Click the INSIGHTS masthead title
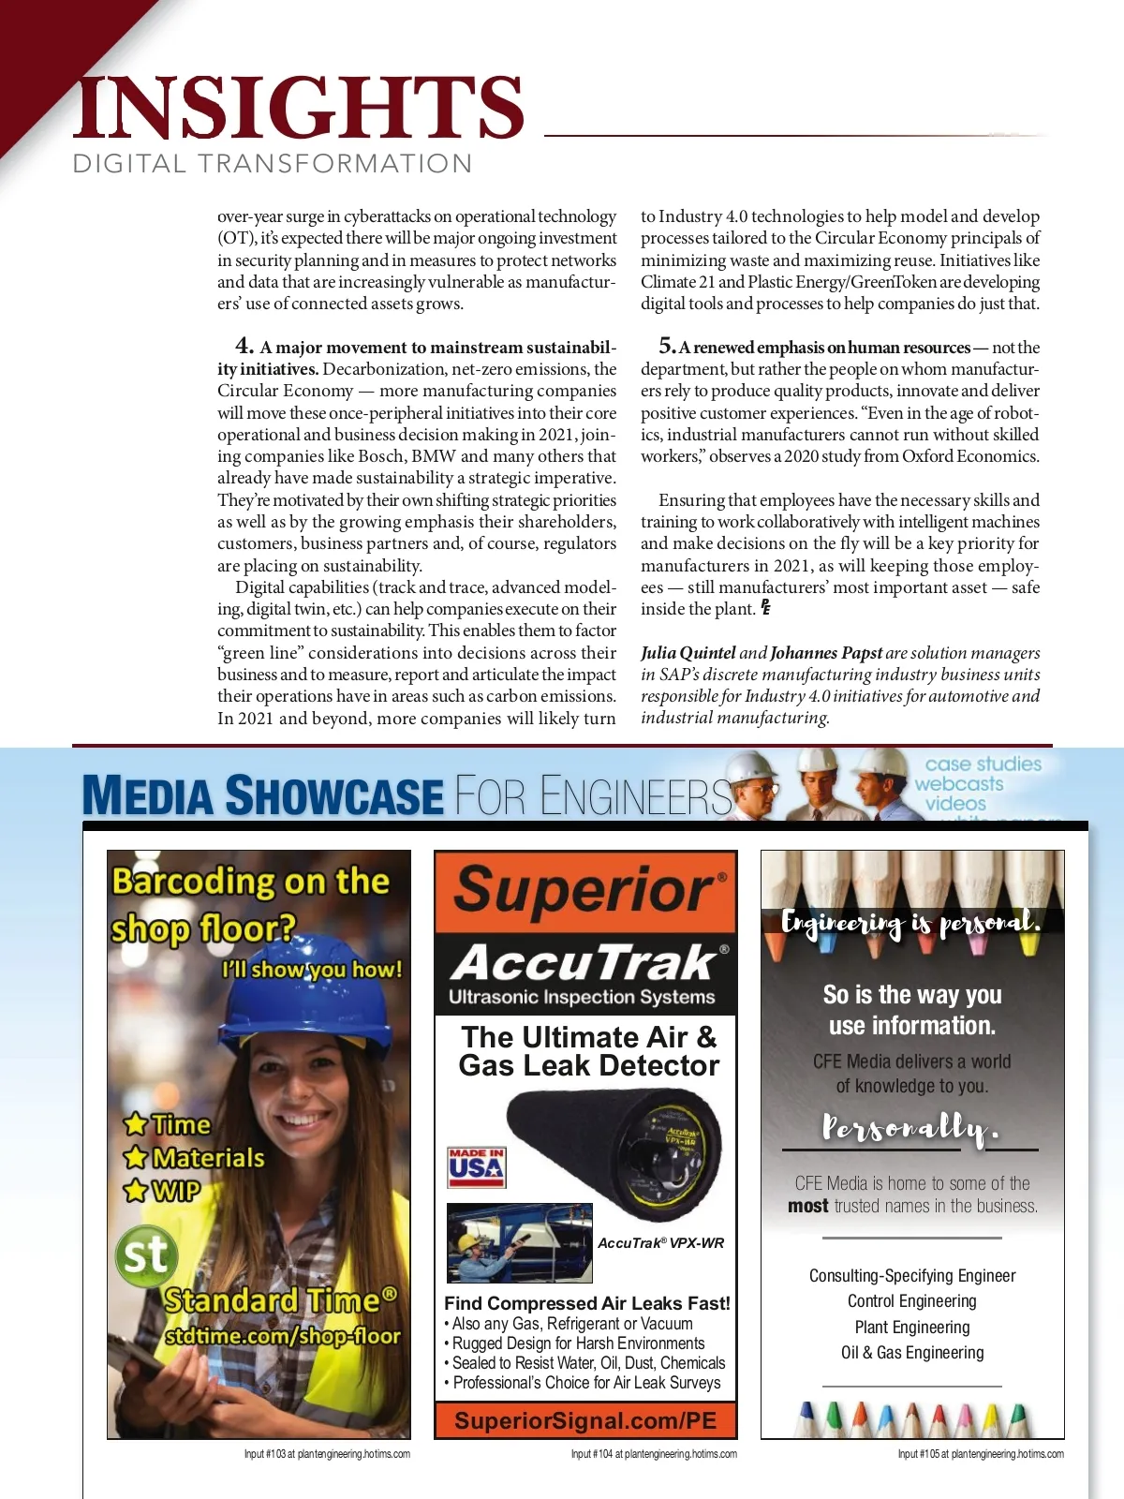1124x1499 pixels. point(298,108)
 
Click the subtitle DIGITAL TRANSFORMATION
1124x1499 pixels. point(273,164)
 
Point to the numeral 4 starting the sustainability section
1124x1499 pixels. point(244,346)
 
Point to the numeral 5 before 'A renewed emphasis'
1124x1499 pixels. point(667,346)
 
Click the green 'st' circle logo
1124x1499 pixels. point(146,1255)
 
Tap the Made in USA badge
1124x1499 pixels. point(477,1167)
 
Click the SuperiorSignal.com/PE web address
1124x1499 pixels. point(585,1421)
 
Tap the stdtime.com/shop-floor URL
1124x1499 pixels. point(283,1336)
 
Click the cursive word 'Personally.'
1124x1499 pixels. point(910,1128)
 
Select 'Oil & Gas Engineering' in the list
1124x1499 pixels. point(912,1353)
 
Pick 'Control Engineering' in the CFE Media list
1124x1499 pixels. point(912,1301)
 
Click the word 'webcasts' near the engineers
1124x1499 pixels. point(958,784)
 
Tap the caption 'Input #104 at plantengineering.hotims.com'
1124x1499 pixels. point(654,1454)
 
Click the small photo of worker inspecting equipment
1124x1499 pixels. point(519,1243)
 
